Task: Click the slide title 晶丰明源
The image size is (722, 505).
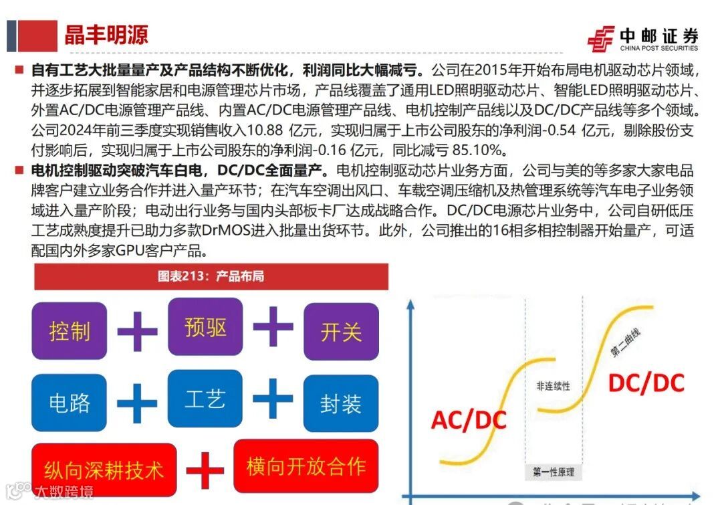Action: click(x=106, y=35)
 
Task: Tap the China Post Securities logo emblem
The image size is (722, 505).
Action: click(x=600, y=39)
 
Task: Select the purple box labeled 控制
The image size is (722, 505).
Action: click(x=70, y=330)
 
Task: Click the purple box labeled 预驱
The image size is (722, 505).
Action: click(x=205, y=327)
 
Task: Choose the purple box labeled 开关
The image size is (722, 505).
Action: click(x=341, y=331)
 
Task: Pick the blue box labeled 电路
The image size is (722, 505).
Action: click(x=70, y=403)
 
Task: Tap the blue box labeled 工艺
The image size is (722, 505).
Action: click(x=205, y=399)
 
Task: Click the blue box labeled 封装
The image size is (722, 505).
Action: click(x=341, y=403)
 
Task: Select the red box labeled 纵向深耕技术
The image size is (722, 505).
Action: click(x=104, y=469)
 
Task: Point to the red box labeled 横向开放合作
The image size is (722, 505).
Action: click(x=306, y=466)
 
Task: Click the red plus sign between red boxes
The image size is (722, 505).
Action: click(x=205, y=470)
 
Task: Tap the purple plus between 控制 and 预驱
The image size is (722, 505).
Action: click(x=137, y=330)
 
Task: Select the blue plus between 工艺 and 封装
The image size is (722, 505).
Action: click(x=273, y=399)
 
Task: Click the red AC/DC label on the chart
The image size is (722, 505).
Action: click(x=469, y=420)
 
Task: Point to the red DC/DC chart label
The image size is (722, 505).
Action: click(x=646, y=383)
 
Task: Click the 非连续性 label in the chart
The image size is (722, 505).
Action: click(x=553, y=387)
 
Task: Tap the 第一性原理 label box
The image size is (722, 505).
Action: click(x=554, y=472)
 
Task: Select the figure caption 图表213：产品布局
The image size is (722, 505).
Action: click(x=211, y=276)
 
